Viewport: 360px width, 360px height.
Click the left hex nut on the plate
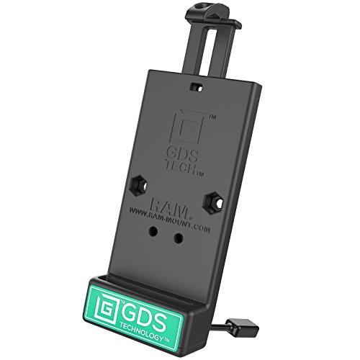tap(140, 184)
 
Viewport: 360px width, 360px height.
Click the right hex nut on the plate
tap(214, 201)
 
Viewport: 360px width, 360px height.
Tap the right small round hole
tap(178, 238)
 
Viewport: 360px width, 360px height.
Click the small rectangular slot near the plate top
tap(197, 87)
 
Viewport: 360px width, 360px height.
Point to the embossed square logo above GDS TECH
tap(189, 128)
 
